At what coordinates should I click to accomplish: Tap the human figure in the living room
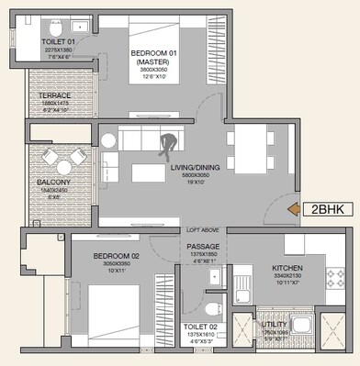click(x=169, y=147)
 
